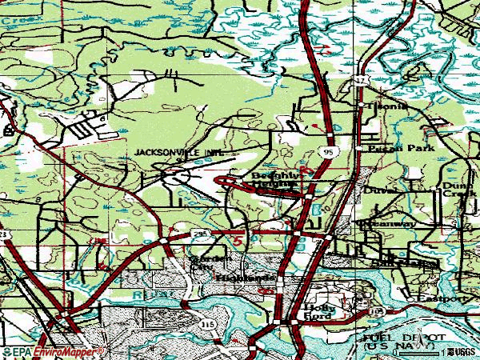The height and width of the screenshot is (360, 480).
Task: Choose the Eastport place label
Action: pyautogui.click(x=443, y=298)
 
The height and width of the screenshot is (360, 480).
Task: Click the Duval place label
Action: pyautogui.click(x=376, y=192)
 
